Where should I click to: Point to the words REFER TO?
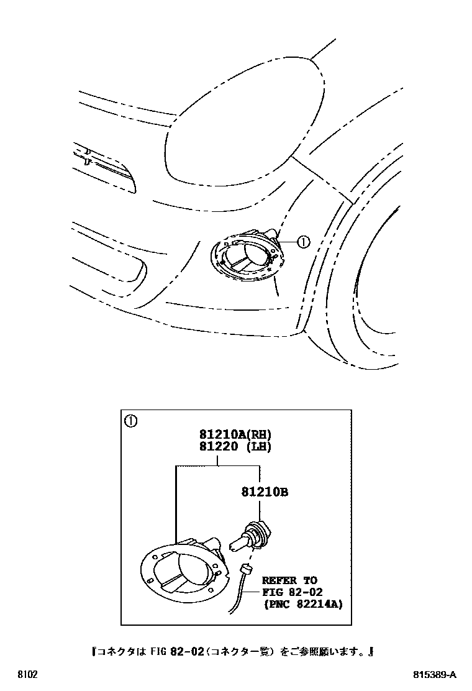coord(289,580)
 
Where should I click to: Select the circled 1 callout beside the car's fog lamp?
coord(302,242)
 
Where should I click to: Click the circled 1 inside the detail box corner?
coord(130,421)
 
